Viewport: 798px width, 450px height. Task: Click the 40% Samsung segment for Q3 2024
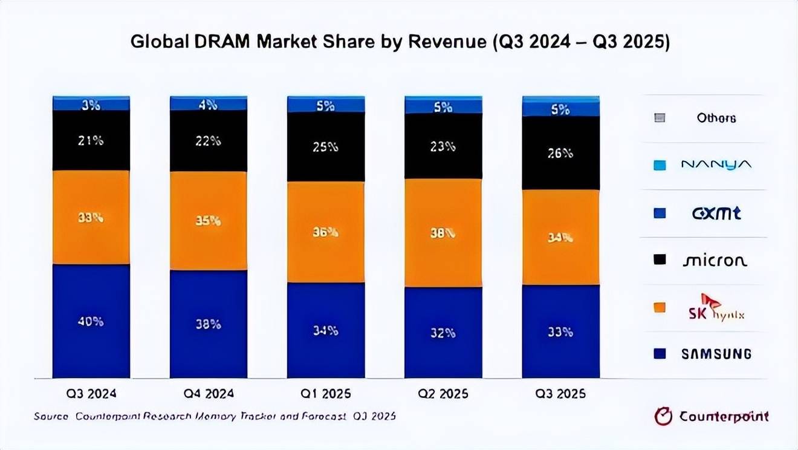tap(91, 321)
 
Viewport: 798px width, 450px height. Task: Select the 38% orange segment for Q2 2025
tap(443, 233)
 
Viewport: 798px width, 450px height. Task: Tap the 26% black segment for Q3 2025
tap(560, 153)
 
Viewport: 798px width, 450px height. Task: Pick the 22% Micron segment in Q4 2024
tap(208, 141)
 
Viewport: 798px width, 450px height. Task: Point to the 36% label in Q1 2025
tap(325, 232)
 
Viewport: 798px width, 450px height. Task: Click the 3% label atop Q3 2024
tap(91, 105)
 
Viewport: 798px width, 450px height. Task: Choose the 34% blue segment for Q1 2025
tap(325, 330)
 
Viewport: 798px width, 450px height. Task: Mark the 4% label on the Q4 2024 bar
tap(208, 105)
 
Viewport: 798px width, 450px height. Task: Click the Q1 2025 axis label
tap(325, 394)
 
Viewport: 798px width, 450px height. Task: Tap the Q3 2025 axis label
tap(560, 394)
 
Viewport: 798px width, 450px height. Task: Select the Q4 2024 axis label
tap(208, 394)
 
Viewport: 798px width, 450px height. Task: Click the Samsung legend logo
tap(716, 354)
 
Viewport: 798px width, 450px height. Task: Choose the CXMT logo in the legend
tap(716, 213)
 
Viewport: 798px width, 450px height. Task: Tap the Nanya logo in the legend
tap(716, 165)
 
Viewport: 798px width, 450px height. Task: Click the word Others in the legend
tap(716, 118)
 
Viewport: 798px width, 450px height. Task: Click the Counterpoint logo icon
tap(663, 417)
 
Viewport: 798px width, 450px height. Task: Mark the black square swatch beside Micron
tap(660, 260)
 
